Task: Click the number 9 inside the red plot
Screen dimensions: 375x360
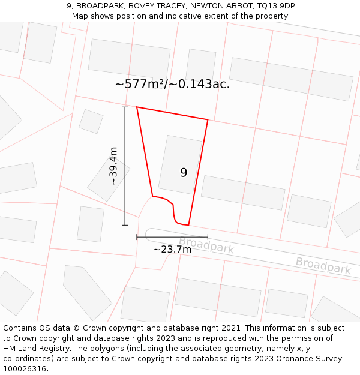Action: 184,173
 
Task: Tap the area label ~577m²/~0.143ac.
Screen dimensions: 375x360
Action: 172,84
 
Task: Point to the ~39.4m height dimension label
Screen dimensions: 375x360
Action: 113,166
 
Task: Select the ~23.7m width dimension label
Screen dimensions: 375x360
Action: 172,249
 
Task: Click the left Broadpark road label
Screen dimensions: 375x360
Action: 206,245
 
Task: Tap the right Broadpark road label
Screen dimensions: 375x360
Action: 323,265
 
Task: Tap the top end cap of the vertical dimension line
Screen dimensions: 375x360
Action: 125,107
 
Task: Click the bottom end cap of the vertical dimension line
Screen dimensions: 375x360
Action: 125,225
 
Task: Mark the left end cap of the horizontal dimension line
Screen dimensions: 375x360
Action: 137,237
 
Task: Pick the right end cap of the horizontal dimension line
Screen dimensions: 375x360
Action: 208,237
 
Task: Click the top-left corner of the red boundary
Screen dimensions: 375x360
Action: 137,107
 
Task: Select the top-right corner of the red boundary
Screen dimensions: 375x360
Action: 208,120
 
